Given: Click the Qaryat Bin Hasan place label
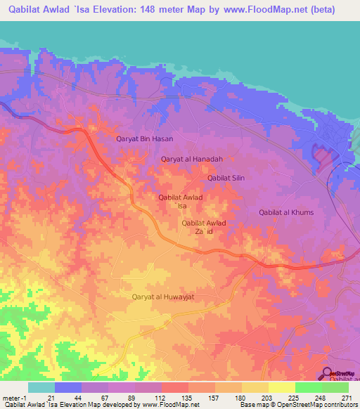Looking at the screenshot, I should [144, 139].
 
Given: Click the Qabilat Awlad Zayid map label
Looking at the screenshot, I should [204, 227].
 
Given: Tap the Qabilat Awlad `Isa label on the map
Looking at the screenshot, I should [181, 202].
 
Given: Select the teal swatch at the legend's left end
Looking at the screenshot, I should [41, 387].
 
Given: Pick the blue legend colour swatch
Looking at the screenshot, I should [68, 387].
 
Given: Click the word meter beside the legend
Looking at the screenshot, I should [10, 398].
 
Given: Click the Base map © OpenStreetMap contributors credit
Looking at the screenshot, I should [297, 405].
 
